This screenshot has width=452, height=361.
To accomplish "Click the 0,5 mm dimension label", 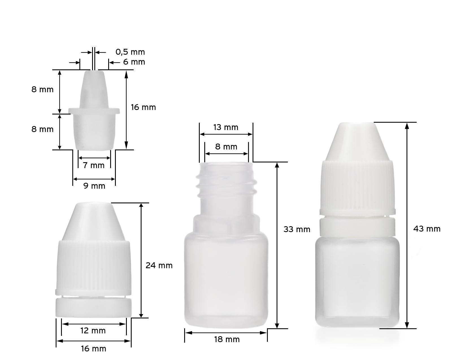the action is click(x=130, y=52).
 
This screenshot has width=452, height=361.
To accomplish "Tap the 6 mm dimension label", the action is click(x=134, y=62).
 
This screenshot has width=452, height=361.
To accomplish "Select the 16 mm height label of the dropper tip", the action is click(x=144, y=107).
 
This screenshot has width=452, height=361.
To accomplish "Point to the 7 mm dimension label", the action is click(x=94, y=165).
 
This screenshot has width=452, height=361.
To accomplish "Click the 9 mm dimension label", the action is click(x=94, y=186).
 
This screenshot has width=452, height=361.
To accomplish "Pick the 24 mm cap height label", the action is click(x=159, y=265).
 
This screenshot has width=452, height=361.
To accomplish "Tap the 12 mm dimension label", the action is click(x=93, y=331).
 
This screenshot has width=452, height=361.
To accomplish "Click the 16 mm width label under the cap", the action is click(x=94, y=349).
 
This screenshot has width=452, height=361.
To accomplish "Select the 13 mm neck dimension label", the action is click(x=226, y=127).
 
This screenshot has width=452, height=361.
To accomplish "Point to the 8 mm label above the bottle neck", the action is click(x=226, y=147).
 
